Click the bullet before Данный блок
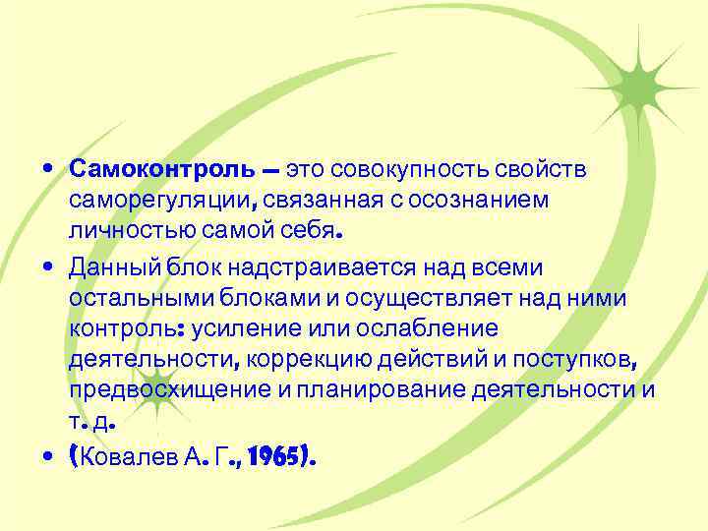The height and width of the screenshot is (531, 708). [x=48, y=267]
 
